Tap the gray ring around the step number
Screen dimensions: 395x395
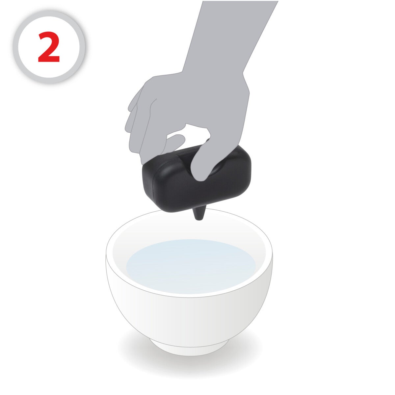[49, 15]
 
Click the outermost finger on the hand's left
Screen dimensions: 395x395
[132, 125]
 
